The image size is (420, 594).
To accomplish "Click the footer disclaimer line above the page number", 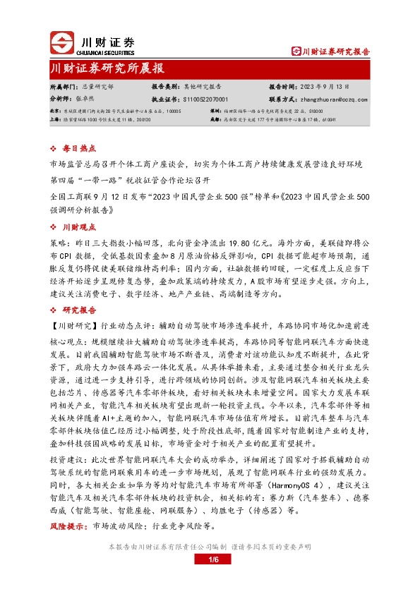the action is pos(210,547).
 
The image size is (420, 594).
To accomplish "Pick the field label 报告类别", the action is pos(165,85).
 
